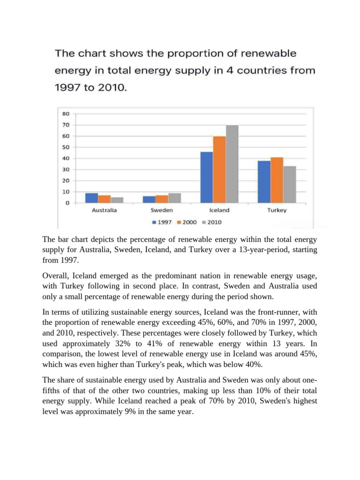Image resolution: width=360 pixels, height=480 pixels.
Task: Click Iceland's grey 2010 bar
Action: [232, 164]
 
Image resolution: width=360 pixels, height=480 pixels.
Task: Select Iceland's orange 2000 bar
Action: [219, 170]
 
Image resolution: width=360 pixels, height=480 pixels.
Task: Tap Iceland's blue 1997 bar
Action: [207, 177]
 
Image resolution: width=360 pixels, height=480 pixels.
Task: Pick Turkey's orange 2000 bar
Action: [277, 180]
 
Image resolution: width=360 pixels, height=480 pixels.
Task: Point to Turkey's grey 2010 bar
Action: [290, 184]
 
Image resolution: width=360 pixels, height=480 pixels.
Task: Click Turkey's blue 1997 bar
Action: [264, 182]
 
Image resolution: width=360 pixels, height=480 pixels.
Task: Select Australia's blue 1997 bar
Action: [92, 198]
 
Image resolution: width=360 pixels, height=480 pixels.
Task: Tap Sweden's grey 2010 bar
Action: [174, 198]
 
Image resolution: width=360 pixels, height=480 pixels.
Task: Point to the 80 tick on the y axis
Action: [66, 113]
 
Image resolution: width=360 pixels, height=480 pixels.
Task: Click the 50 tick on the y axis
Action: [66, 147]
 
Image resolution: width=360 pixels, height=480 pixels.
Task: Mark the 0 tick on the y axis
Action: [67, 203]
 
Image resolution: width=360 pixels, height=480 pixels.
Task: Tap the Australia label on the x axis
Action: [104, 210]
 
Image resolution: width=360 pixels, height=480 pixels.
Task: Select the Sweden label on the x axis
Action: [162, 210]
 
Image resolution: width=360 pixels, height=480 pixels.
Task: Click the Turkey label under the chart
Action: [277, 210]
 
